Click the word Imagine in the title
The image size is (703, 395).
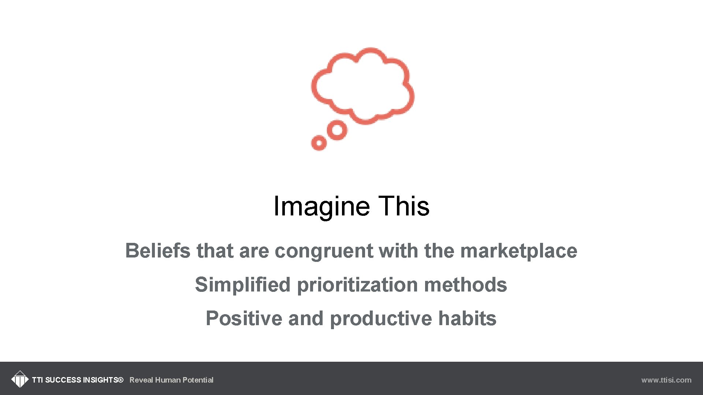(321, 206)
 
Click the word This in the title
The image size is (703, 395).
(403, 206)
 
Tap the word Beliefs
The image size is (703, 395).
(157, 251)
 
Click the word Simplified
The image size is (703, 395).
(242, 285)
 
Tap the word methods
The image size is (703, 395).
(465, 285)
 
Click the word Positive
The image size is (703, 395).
(244, 318)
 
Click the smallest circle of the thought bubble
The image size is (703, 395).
(319, 143)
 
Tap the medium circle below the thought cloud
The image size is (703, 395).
(337, 130)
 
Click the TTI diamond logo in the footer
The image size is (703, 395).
(19, 379)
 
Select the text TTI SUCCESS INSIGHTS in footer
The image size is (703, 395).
(77, 380)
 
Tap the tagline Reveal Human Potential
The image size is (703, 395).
(171, 380)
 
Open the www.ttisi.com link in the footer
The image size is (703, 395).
(666, 380)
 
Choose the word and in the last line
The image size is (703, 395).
(306, 318)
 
